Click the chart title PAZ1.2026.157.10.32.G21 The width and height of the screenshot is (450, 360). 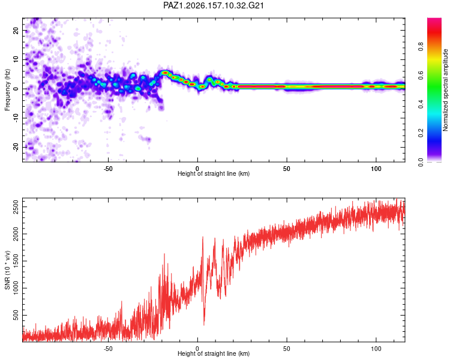(x=213, y=5)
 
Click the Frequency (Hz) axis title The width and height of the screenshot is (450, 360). (x=7, y=89)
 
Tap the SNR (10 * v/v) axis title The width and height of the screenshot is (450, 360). (x=7, y=270)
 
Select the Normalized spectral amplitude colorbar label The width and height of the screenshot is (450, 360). (x=445, y=89)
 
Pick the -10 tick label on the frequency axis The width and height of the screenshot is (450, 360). (x=16, y=118)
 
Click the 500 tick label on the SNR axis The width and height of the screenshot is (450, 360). (x=16, y=315)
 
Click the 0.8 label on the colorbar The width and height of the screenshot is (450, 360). (x=421, y=46)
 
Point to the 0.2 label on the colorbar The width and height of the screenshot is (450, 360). (x=421, y=133)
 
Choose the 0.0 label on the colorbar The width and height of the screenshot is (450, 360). (x=421, y=162)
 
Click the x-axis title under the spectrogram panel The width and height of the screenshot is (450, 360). (x=214, y=173)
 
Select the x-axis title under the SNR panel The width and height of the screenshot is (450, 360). (x=214, y=353)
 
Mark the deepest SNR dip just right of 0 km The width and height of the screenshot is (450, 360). (x=204, y=325)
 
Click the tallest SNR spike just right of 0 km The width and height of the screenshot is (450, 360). (x=203, y=238)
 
